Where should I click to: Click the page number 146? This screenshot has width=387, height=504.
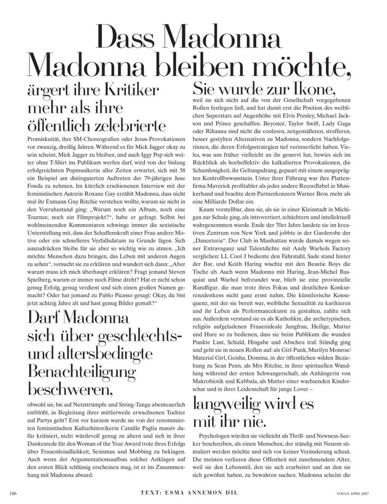click(x=14, y=493)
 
